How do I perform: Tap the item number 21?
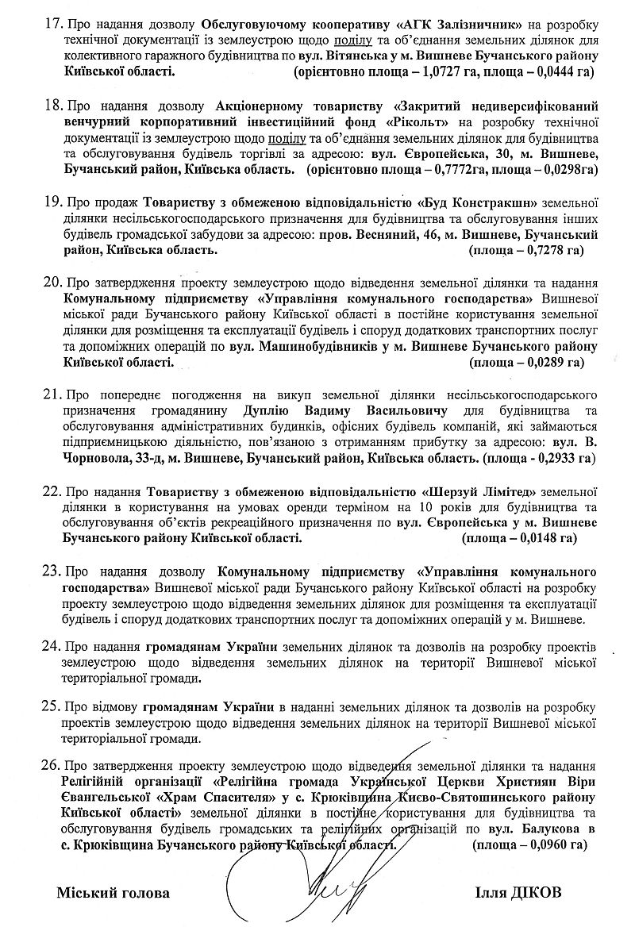coord(52,394)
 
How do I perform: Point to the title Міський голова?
coord(113,892)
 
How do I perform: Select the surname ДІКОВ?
coord(537,892)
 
